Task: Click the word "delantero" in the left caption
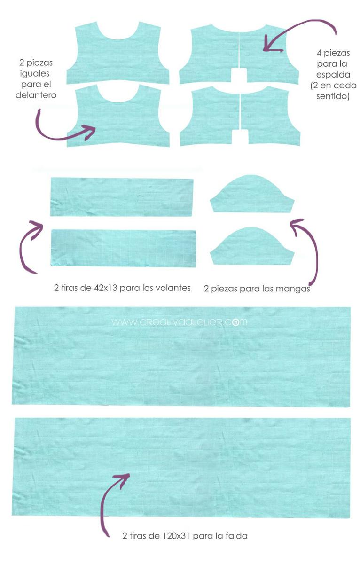(36, 95)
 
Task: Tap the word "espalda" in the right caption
(333, 75)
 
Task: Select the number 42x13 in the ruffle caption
(106, 288)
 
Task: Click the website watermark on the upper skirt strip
(179, 322)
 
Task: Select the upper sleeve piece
(252, 193)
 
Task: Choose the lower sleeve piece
(252, 246)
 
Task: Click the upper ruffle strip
(122, 197)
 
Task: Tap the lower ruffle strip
(123, 248)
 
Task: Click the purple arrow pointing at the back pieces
(297, 25)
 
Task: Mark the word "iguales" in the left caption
(35, 74)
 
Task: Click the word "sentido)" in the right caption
(333, 96)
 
